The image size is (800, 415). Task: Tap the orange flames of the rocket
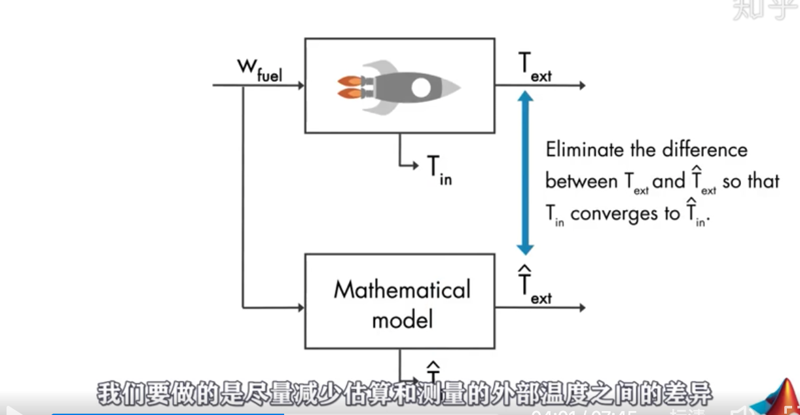(348, 86)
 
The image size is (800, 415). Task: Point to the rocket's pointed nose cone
(454, 86)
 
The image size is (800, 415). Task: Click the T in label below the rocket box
(439, 171)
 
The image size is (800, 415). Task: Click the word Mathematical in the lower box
(402, 290)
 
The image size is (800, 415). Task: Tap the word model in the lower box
(402, 319)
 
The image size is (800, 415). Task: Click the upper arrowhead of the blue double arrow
(525, 97)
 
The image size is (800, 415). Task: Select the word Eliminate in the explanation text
(585, 150)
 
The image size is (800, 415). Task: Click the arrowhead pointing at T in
(414, 165)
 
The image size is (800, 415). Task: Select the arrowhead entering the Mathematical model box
(300, 307)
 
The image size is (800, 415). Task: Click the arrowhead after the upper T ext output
(581, 85)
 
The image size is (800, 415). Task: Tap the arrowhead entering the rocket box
(300, 85)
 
